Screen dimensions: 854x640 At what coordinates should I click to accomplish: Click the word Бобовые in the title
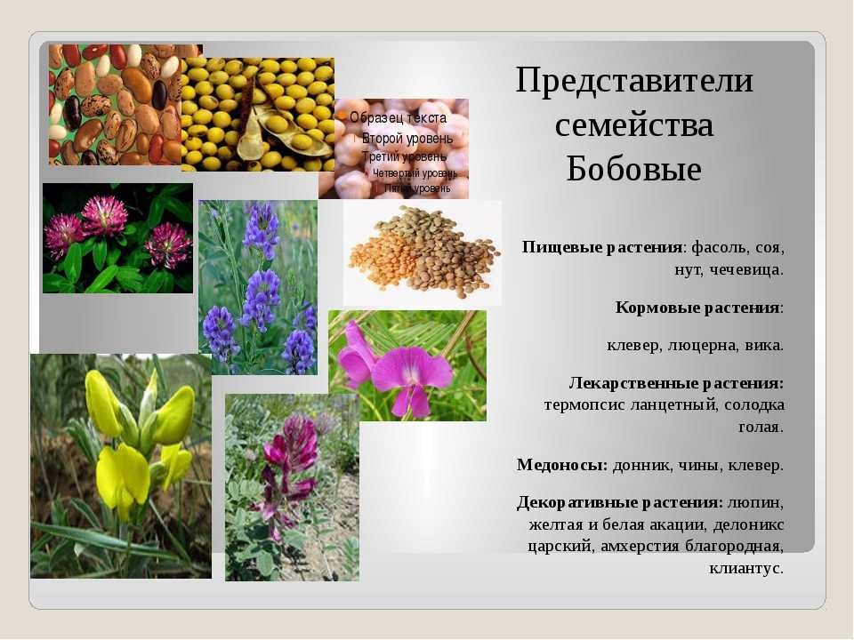click(x=633, y=168)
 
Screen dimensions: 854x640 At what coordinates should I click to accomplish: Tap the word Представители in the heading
click(x=634, y=80)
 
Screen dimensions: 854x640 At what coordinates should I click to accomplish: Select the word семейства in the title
click(x=634, y=124)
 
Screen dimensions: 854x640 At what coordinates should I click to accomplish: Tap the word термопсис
click(x=584, y=406)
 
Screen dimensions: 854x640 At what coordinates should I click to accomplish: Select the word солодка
click(x=754, y=405)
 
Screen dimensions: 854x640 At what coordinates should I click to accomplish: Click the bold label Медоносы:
click(x=562, y=465)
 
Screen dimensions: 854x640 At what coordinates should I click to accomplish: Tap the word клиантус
click(x=746, y=569)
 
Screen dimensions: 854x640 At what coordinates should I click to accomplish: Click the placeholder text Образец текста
click(x=398, y=117)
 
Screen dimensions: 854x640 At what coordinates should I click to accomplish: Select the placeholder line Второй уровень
click(x=407, y=139)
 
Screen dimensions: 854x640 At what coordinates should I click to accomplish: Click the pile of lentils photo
click(x=423, y=252)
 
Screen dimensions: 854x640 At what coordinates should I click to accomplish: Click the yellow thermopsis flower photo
click(x=121, y=466)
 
